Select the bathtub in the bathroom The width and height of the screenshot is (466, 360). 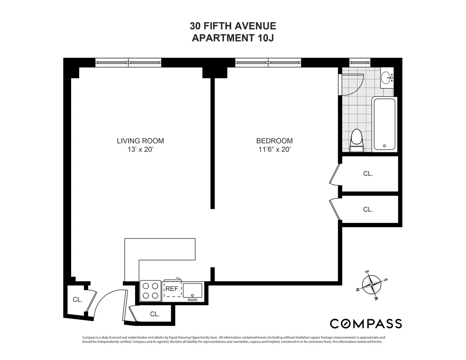tap(384, 124)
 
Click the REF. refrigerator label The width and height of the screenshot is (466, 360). tap(172, 289)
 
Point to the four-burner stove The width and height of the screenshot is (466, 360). tap(150, 291)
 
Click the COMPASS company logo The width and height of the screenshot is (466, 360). tap(365, 323)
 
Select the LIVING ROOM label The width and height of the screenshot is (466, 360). tap(140, 141)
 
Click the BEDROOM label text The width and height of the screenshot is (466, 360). tap(274, 141)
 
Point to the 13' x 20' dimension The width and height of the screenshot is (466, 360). tap(140, 150)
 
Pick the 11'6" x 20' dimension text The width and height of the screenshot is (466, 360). tap(274, 150)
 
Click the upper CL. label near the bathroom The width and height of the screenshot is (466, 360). tap(368, 174)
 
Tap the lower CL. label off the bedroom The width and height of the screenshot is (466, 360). tap(368, 209)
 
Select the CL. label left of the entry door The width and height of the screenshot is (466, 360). tap(78, 299)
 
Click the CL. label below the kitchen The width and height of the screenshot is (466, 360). tap(155, 314)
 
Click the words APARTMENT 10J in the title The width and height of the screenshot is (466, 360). tap(233, 38)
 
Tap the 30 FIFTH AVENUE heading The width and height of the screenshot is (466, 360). tap(233, 26)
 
